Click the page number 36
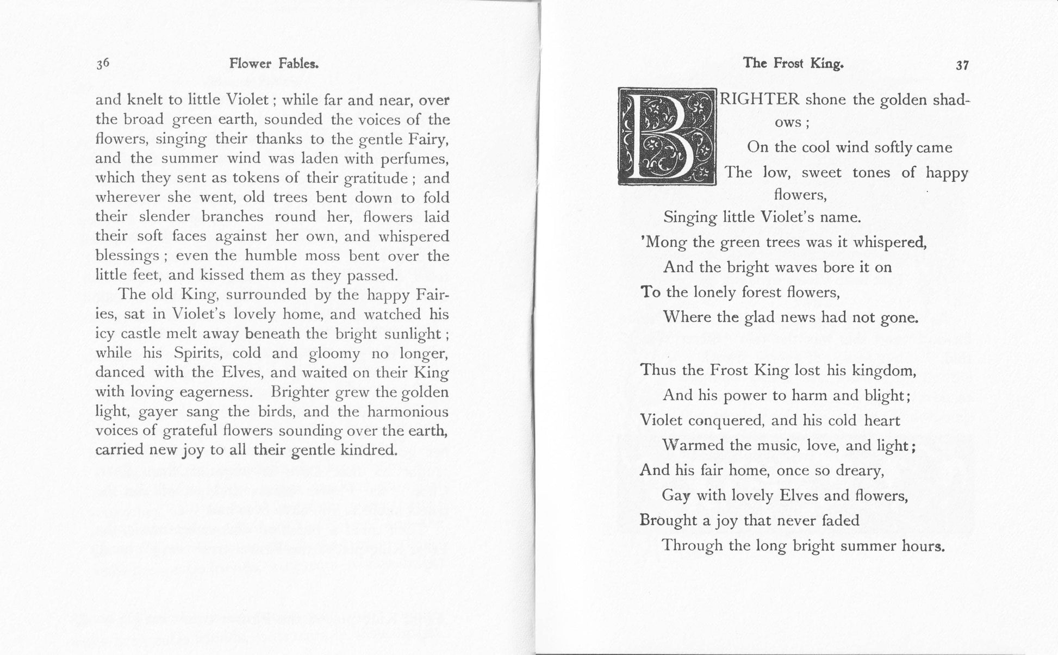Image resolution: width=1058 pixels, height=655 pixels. (103, 64)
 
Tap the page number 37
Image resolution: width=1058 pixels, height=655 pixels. (962, 65)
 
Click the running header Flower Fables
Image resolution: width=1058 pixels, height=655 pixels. (273, 64)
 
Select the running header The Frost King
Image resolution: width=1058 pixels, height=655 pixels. (793, 64)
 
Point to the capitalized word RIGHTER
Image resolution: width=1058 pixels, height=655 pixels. (760, 99)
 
